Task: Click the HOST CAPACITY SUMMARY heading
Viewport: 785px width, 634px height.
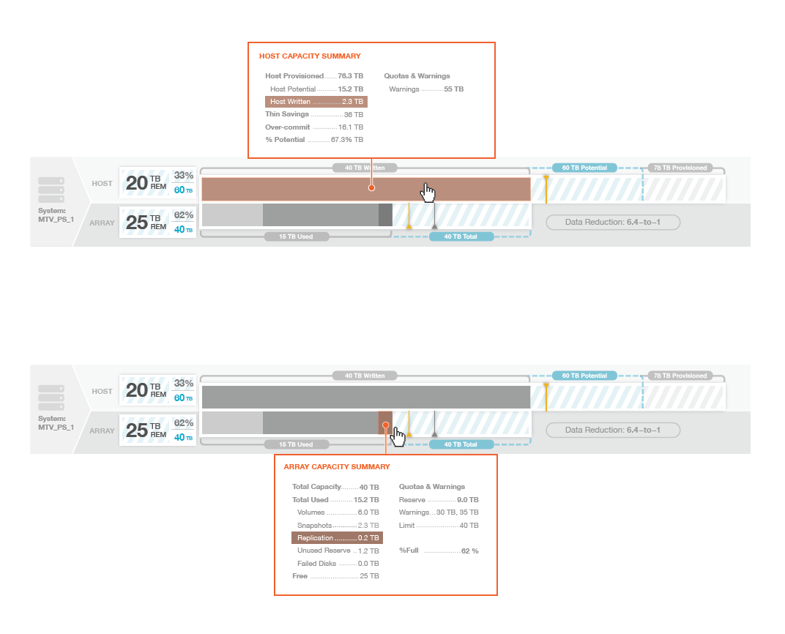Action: click(310, 56)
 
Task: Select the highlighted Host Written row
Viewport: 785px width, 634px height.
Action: click(316, 102)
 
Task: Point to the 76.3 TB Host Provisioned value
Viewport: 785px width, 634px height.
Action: click(351, 76)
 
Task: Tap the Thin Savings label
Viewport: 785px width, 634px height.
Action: click(287, 114)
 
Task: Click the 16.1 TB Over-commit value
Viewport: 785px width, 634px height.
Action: click(351, 127)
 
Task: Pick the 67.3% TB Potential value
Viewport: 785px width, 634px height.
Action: click(347, 140)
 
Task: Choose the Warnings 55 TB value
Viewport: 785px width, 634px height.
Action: click(453, 89)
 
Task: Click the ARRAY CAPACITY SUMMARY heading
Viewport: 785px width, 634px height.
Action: click(337, 467)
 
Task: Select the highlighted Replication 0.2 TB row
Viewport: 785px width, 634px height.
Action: click(338, 538)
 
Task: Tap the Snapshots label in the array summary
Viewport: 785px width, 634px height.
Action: click(314, 526)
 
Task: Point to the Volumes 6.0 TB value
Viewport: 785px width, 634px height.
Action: click(368, 512)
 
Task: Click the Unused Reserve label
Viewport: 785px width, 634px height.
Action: click(324, 551)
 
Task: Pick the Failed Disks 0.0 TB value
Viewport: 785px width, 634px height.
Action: click(368, 564)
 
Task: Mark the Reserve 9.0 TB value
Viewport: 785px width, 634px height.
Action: click(468, 500)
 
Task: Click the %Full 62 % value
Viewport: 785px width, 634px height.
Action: click(469, 551)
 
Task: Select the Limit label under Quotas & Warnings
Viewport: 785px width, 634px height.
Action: click(406, 526)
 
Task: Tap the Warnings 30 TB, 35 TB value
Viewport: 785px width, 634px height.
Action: click(458, 512)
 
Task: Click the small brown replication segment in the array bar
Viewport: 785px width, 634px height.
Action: click(385, 423)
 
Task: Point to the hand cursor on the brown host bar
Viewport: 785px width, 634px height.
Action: click(428, 193)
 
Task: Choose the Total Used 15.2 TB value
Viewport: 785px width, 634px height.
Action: click(366, 500)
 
